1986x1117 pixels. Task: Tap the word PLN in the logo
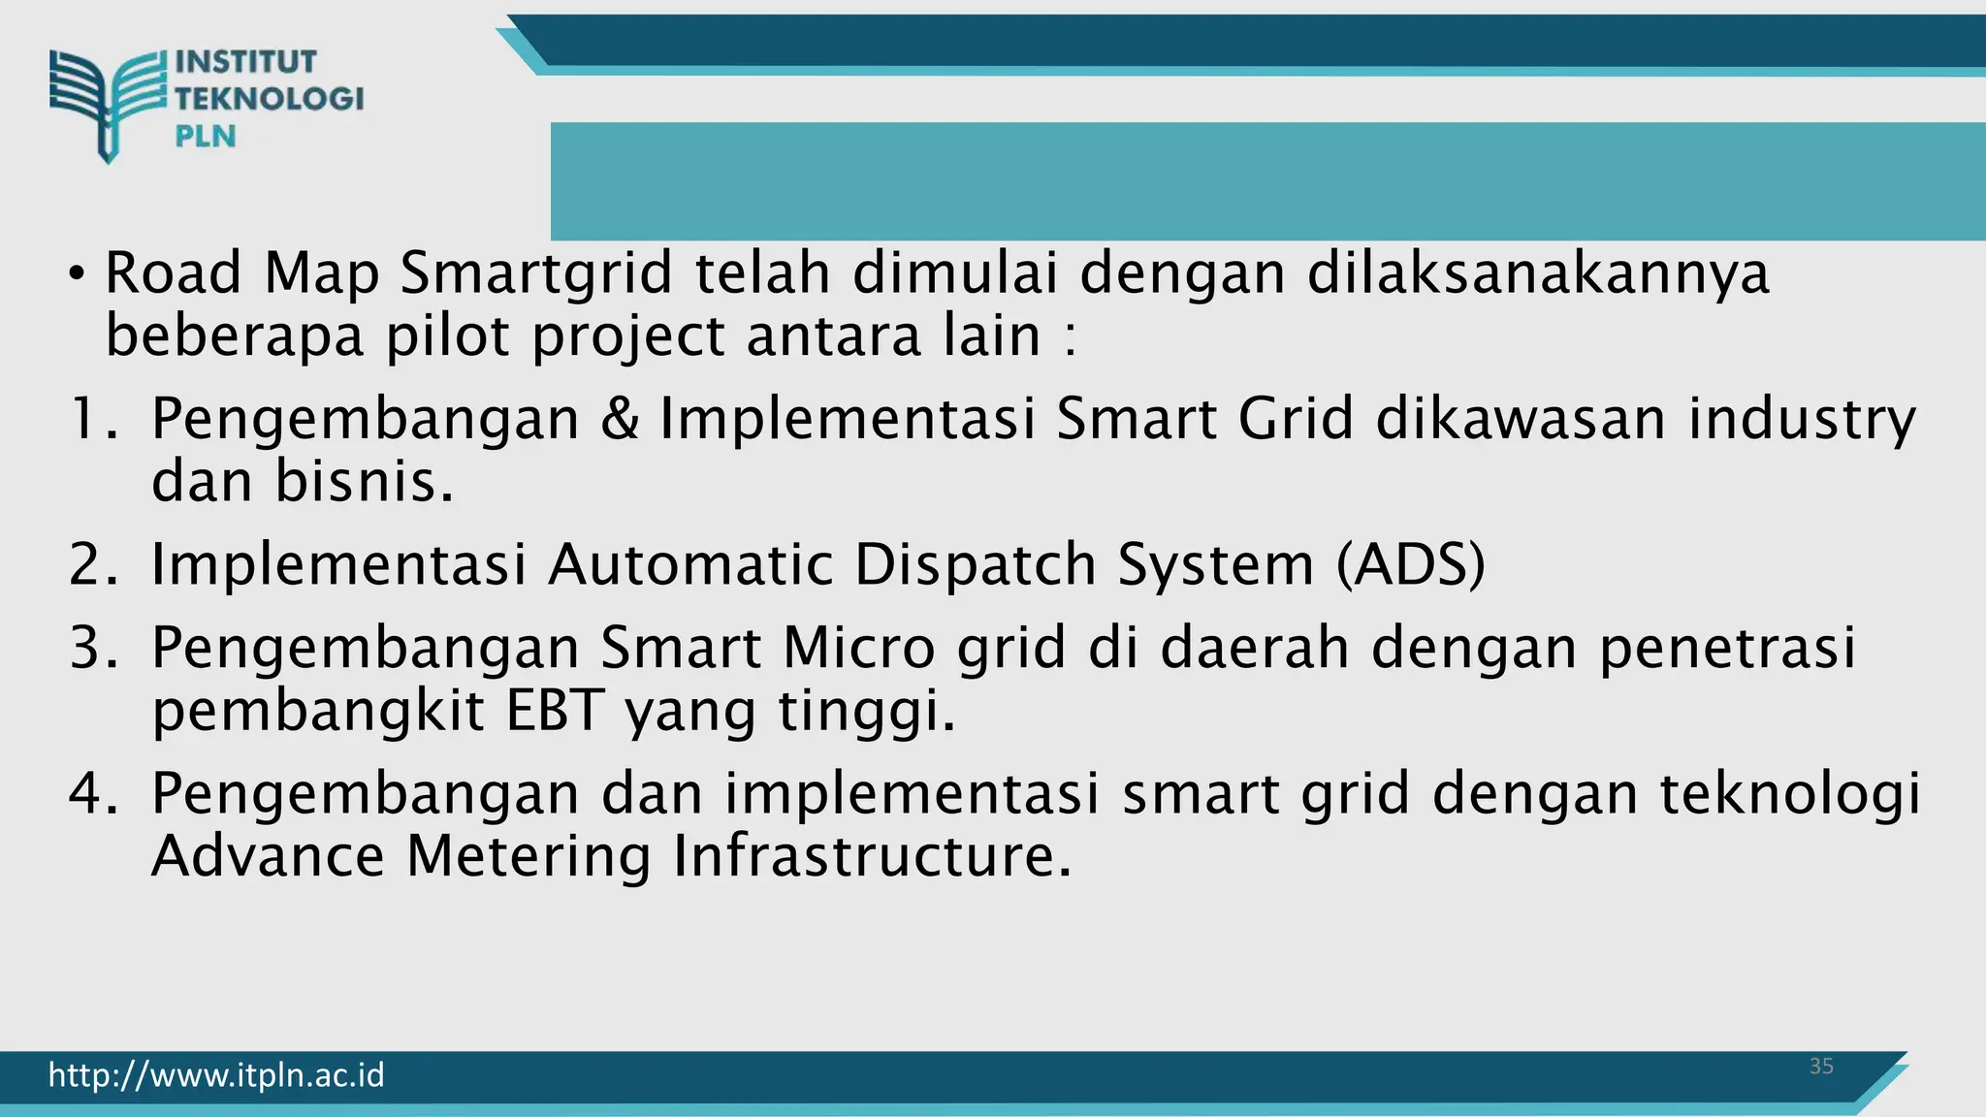[x=206, y=137]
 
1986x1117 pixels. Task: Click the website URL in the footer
[x=216, y=1075]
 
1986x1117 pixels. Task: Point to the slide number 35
[x=1821, y=1067]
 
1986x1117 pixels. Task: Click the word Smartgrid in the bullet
[x=536, y=273]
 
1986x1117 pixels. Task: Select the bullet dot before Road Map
[x=77, y=274]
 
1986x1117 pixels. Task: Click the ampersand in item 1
[x=620, y=420]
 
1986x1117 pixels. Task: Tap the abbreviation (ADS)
[x=1410, y=564]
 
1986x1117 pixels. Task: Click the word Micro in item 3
[x=858, y=648]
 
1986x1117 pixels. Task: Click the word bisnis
[x=365, y=482]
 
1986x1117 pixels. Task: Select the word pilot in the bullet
[x=447, y=336]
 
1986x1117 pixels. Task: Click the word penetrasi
[x=1727, y=648]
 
